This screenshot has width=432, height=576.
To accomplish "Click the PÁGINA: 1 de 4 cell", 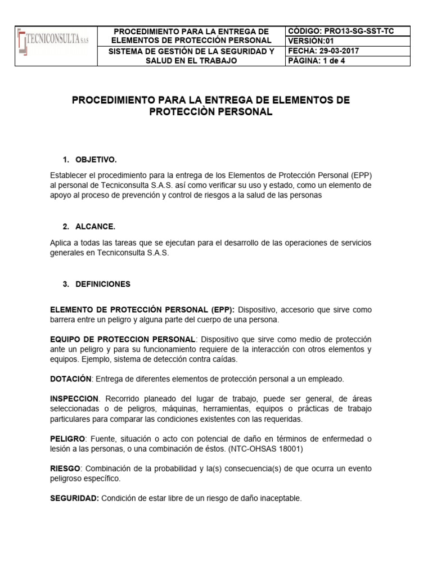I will pos(317,61).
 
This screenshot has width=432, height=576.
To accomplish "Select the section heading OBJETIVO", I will pos(96,160).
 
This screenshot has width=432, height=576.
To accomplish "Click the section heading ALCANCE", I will pos(95,227).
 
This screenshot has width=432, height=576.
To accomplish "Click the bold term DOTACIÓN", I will pos(70,379).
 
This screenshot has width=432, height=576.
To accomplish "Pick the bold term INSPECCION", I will pos(74,398).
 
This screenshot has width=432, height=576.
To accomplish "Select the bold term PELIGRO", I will pos(67,438).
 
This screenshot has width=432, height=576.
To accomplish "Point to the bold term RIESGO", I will pos(66,469).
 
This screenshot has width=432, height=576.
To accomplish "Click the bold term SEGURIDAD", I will pos(74,498).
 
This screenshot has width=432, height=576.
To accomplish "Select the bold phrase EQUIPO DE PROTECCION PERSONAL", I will pos(123,339).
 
